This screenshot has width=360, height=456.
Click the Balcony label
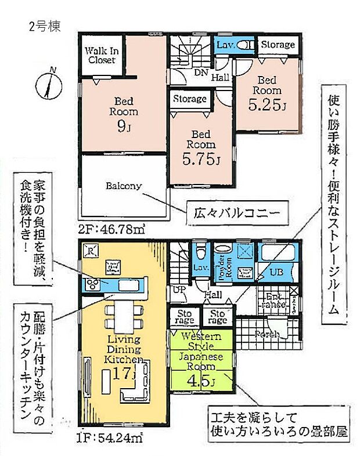click(x=123, y=186)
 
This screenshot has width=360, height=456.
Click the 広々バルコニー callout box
click(x=237, y=213)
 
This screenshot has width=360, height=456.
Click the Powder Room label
click(x=222, y=269)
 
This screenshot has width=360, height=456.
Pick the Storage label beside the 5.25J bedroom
click(x=278, y=45)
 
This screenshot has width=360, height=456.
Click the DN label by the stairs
click(x=201, y=73)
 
